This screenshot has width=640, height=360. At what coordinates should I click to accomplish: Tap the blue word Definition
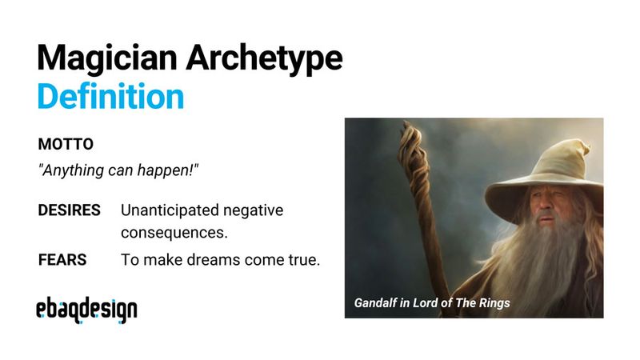(x=110, y=96)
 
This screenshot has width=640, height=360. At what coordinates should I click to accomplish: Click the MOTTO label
(x=66, y=144)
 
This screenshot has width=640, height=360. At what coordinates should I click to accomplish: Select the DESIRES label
(x=70, y=210)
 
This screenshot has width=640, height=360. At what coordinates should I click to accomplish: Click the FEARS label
(x=62, y=260)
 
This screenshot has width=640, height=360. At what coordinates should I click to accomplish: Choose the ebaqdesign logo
(x=86, y=310)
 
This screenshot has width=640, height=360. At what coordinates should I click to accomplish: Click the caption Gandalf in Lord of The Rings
(x=432, y=303)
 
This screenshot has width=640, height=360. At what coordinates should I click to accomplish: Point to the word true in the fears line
(x=305, y=260)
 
